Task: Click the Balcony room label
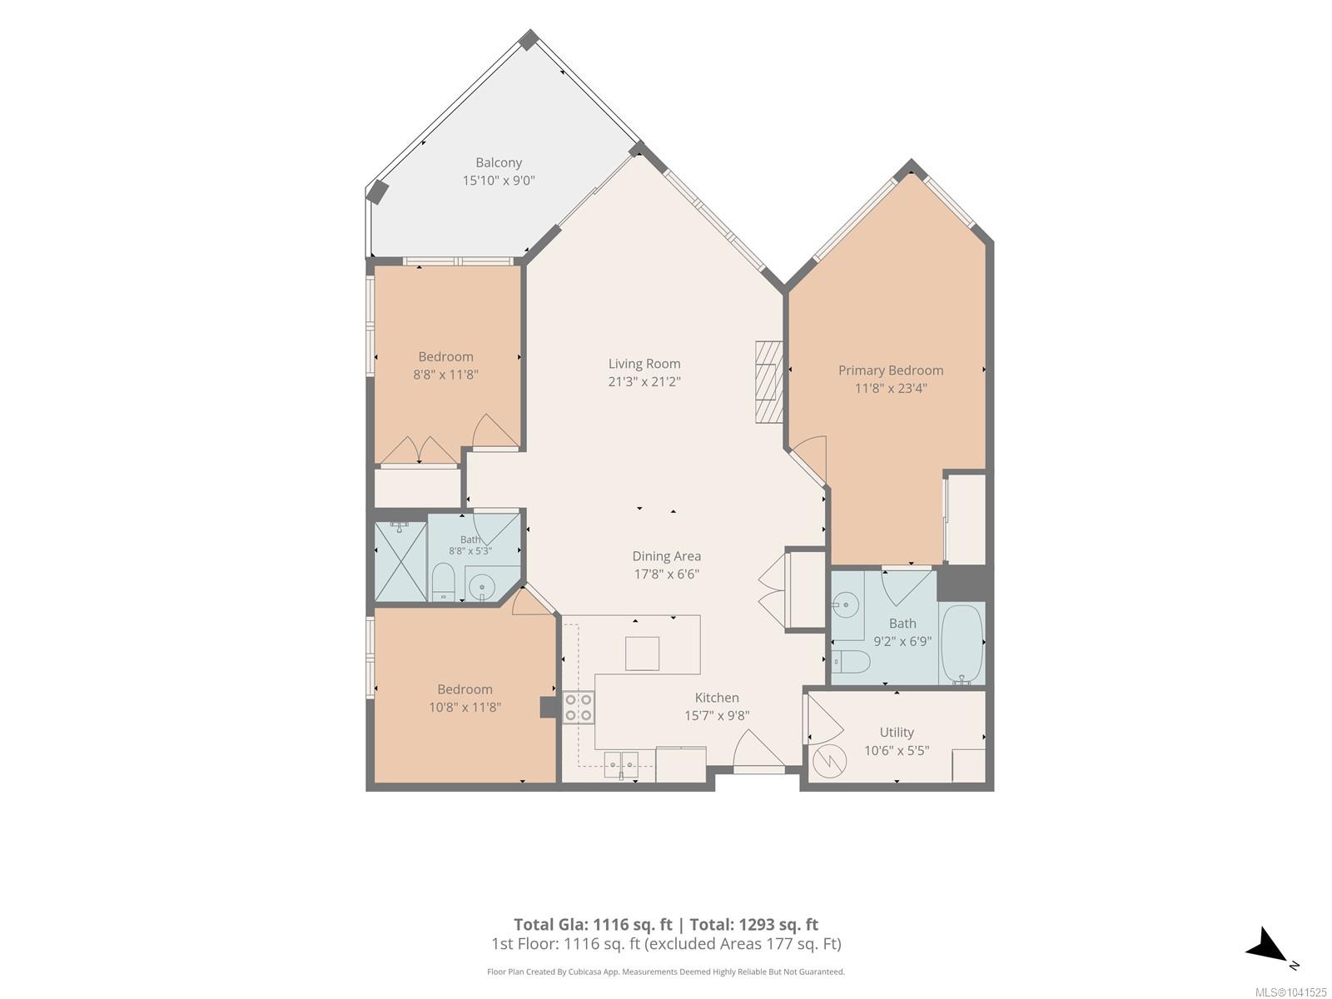[x=498, y=162]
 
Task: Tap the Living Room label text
[x=644, y=364]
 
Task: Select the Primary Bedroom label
[x=890, y=370]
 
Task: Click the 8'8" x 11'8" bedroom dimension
[x=445, y=375]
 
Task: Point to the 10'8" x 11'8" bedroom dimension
[x=465, y=708]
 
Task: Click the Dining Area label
[x=666, y=556]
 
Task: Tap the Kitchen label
[x=717, y=698]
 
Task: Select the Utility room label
[x=897, y=733]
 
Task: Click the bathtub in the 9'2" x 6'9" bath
[x=962, y=644]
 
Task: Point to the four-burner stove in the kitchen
[x=579, y=708]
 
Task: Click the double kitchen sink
[x=621, y=763]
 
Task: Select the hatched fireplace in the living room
[x=769, y=382]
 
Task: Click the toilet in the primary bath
[x=851, y=663]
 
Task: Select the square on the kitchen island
[x=642, y=654]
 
